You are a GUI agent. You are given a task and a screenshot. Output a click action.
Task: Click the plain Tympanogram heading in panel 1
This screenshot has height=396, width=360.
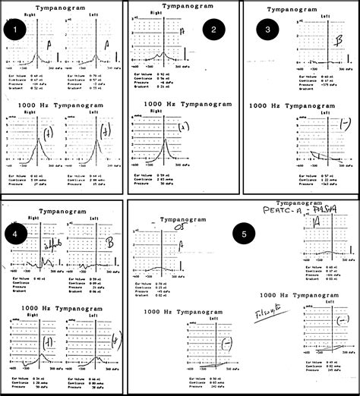62,6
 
